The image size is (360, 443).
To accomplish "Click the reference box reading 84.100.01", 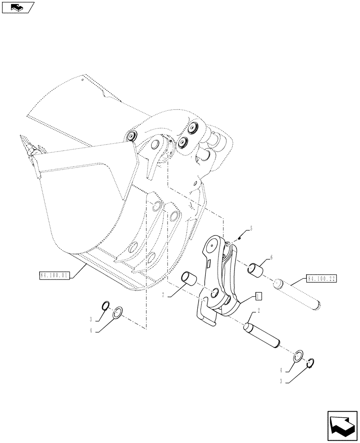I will tap(53, 275).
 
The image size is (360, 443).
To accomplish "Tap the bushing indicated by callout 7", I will tap(190, 280).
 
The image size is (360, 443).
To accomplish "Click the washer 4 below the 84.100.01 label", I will tap(119, 313).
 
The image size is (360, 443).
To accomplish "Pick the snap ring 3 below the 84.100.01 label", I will tap(106, 305).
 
